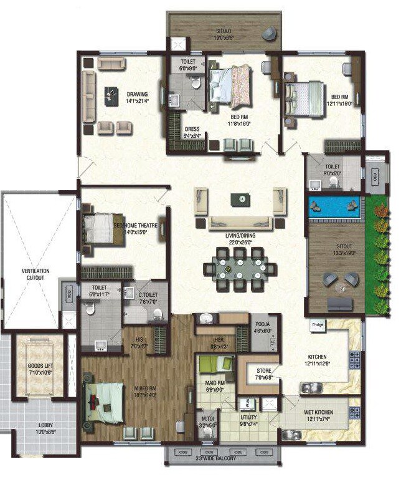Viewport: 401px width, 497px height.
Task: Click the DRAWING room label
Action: pos(136,95)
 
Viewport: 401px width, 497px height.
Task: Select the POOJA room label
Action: pos(261,324)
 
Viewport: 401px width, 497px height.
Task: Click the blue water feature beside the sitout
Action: pos(334,206)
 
